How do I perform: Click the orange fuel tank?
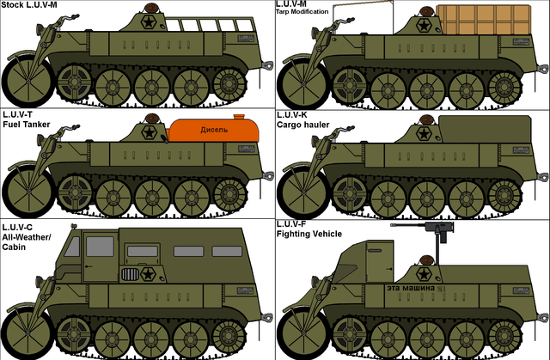coord(214,131)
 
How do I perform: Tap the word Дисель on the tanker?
coord(214,130)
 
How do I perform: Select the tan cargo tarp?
coord(483,20)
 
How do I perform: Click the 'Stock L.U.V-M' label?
coord(29,4)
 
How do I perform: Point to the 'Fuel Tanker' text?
coord(27,125)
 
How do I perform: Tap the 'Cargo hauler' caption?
coord(303,125)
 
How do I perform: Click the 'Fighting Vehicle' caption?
coord(309,234)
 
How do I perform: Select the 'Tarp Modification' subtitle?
coord(302,11)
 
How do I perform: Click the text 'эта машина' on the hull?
coord(411,288)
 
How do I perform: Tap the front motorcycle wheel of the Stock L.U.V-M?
coord(27,81)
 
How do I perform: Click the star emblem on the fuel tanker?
coord(149,133)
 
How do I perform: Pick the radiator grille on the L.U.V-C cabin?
coord(130,274)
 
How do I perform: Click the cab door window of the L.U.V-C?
coord(100,247)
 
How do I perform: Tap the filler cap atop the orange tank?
coord(239,117)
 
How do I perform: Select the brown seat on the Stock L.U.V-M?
coord(151,8)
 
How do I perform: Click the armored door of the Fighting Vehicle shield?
coord(379,261)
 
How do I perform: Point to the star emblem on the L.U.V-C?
coord(149,274)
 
